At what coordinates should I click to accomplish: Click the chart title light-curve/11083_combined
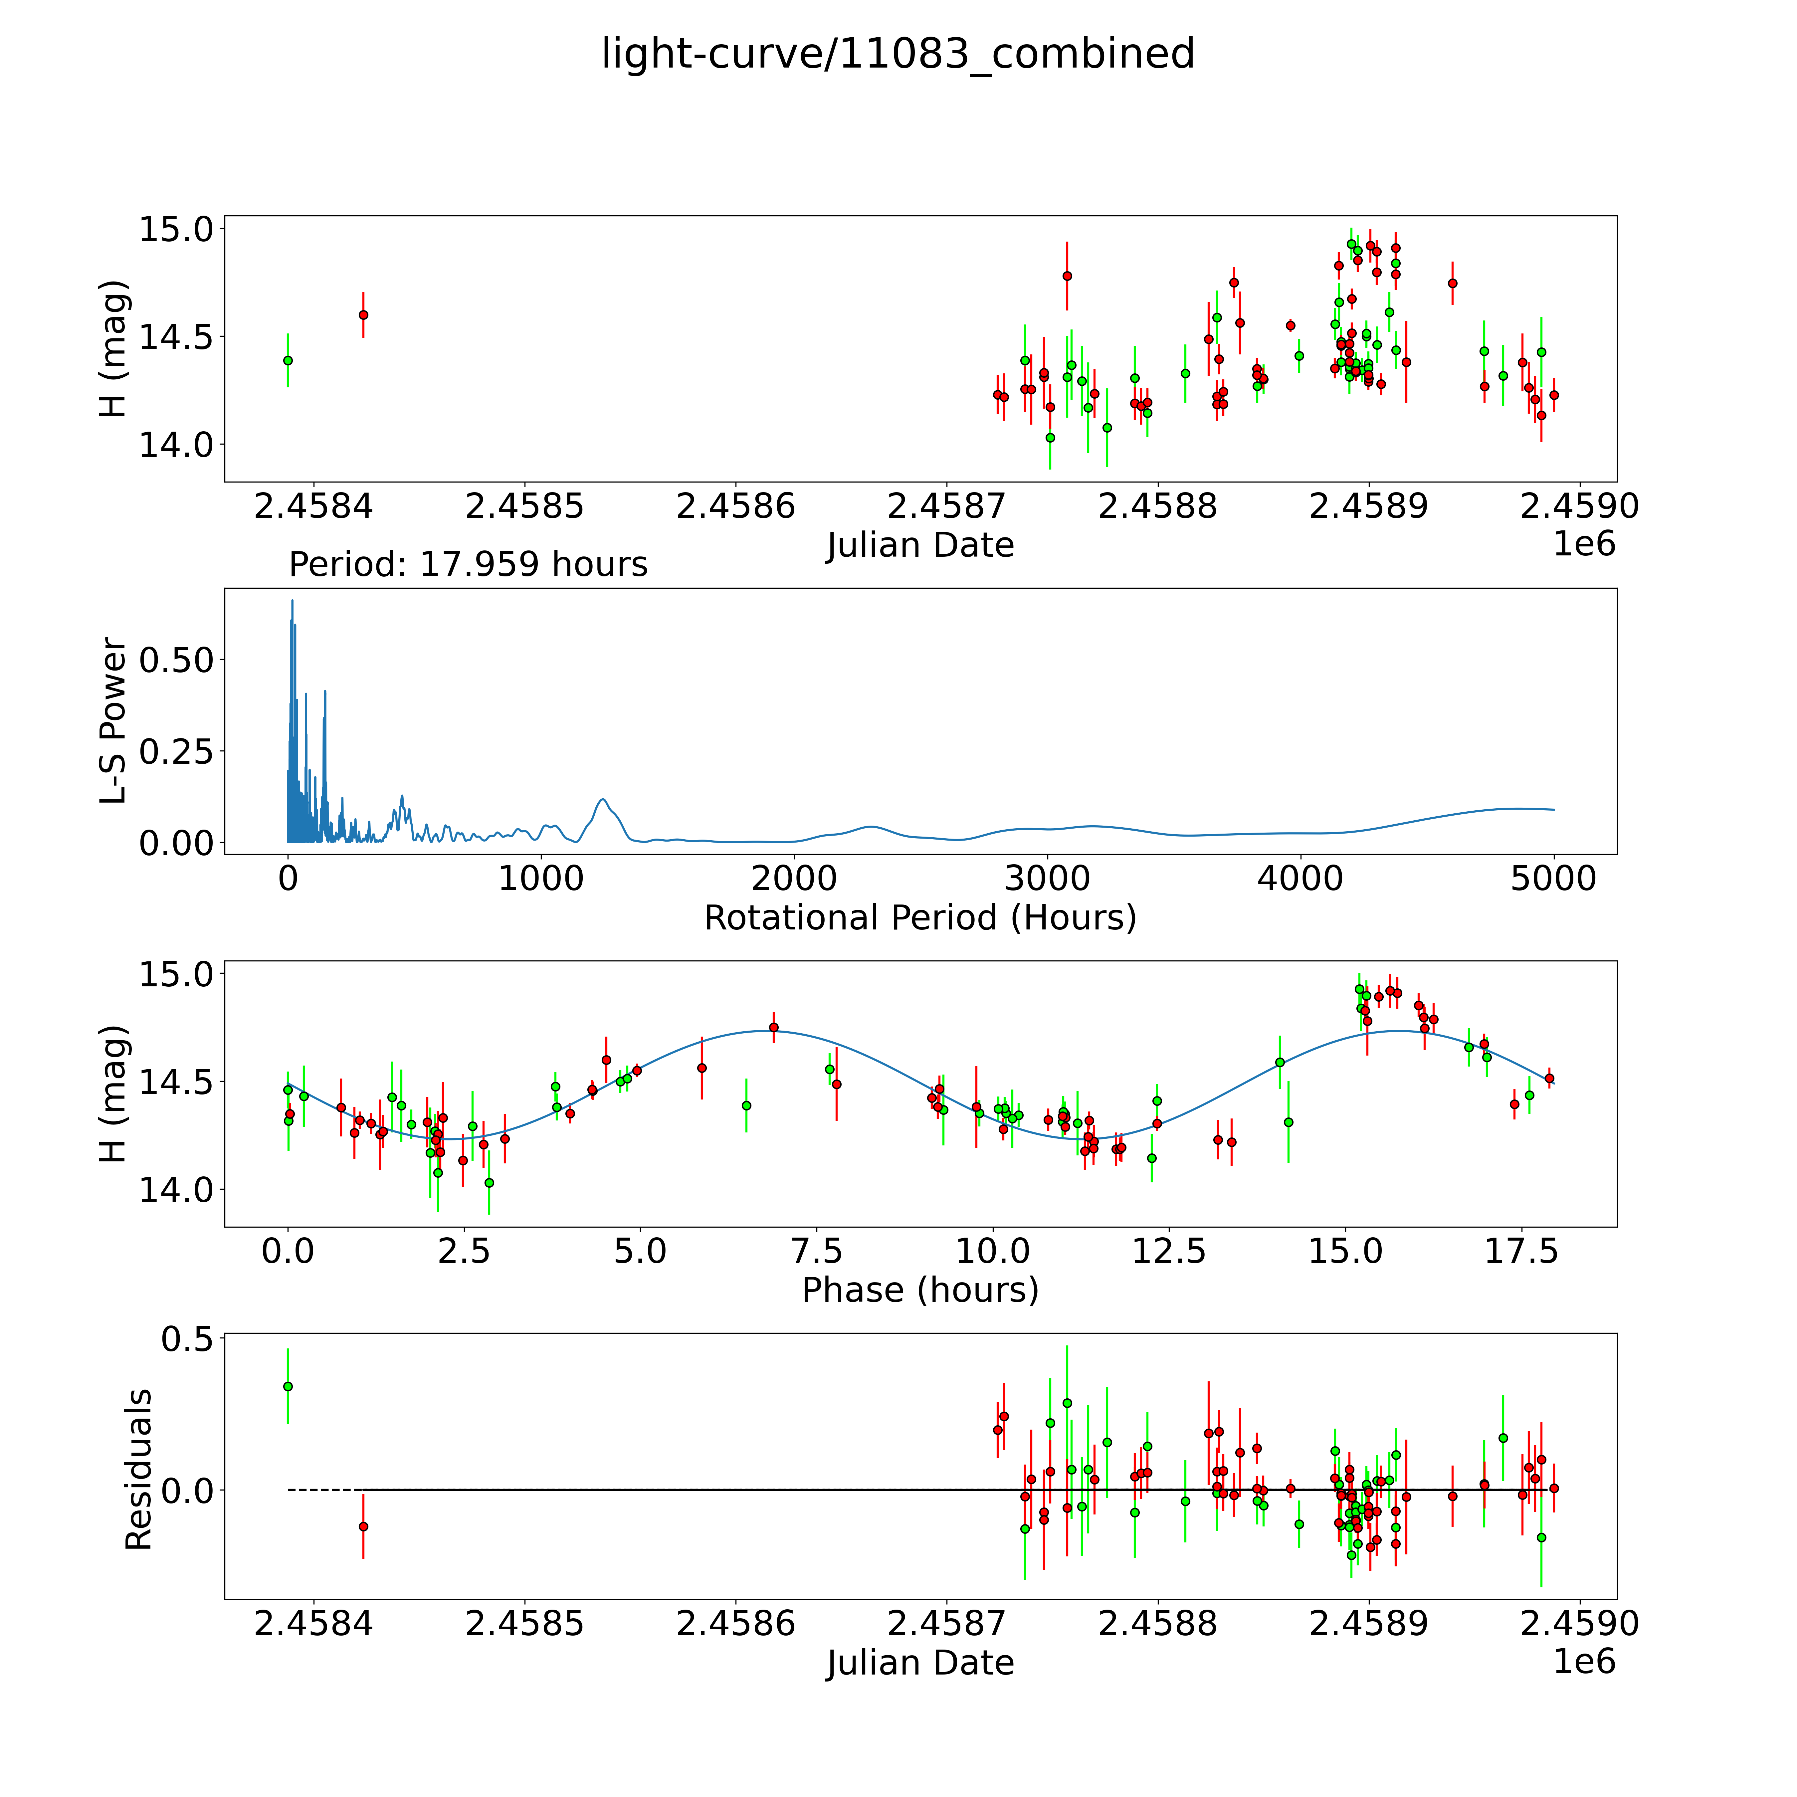pos(898,54)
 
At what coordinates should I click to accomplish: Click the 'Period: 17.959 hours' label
pos(468,565)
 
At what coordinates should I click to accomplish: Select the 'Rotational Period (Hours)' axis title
pos(920,918)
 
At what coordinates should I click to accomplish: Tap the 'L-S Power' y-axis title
pos(113,721)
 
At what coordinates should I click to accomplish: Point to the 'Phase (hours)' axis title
pos(920,1290)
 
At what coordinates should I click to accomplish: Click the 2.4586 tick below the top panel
pos(736,507)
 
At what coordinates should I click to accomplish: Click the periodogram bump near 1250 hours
pos(603,800)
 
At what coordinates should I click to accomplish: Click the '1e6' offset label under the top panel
pos(1584,544)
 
